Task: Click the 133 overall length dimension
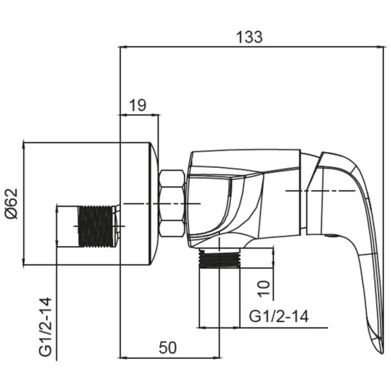click(249, 37)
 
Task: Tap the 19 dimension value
click(138, 105)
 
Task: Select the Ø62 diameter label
click(11, 204)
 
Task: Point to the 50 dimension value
click(168, 348)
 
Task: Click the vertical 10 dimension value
click(264, 289)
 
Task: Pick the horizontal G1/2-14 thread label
click(279, 316)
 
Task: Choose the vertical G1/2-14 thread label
click(45, 327)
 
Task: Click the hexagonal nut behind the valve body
click(172, 203)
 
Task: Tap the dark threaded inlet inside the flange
click(95, 226)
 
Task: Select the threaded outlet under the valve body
click(220, 258)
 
